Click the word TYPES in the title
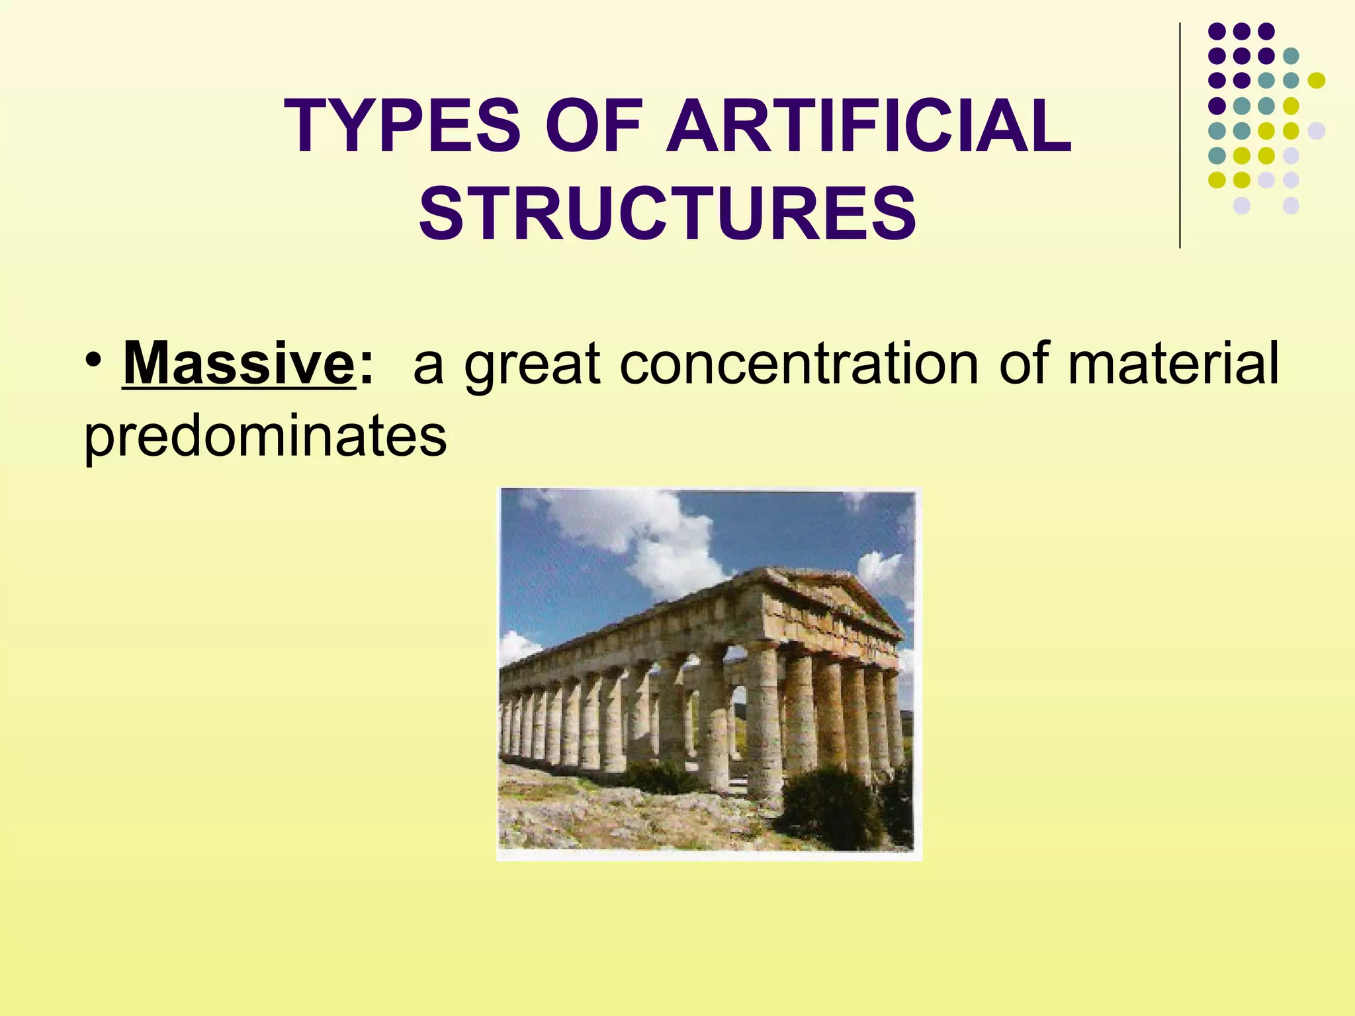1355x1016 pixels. pos(402,126)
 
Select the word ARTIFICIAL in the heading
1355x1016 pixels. pos(868,126)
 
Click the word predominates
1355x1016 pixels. pos(265,437)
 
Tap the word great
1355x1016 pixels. pos(532,366)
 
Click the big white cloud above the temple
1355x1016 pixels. pos(635,529)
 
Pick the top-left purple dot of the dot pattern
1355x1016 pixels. pos(1217,31)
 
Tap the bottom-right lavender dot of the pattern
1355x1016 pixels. pos(1291,206)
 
